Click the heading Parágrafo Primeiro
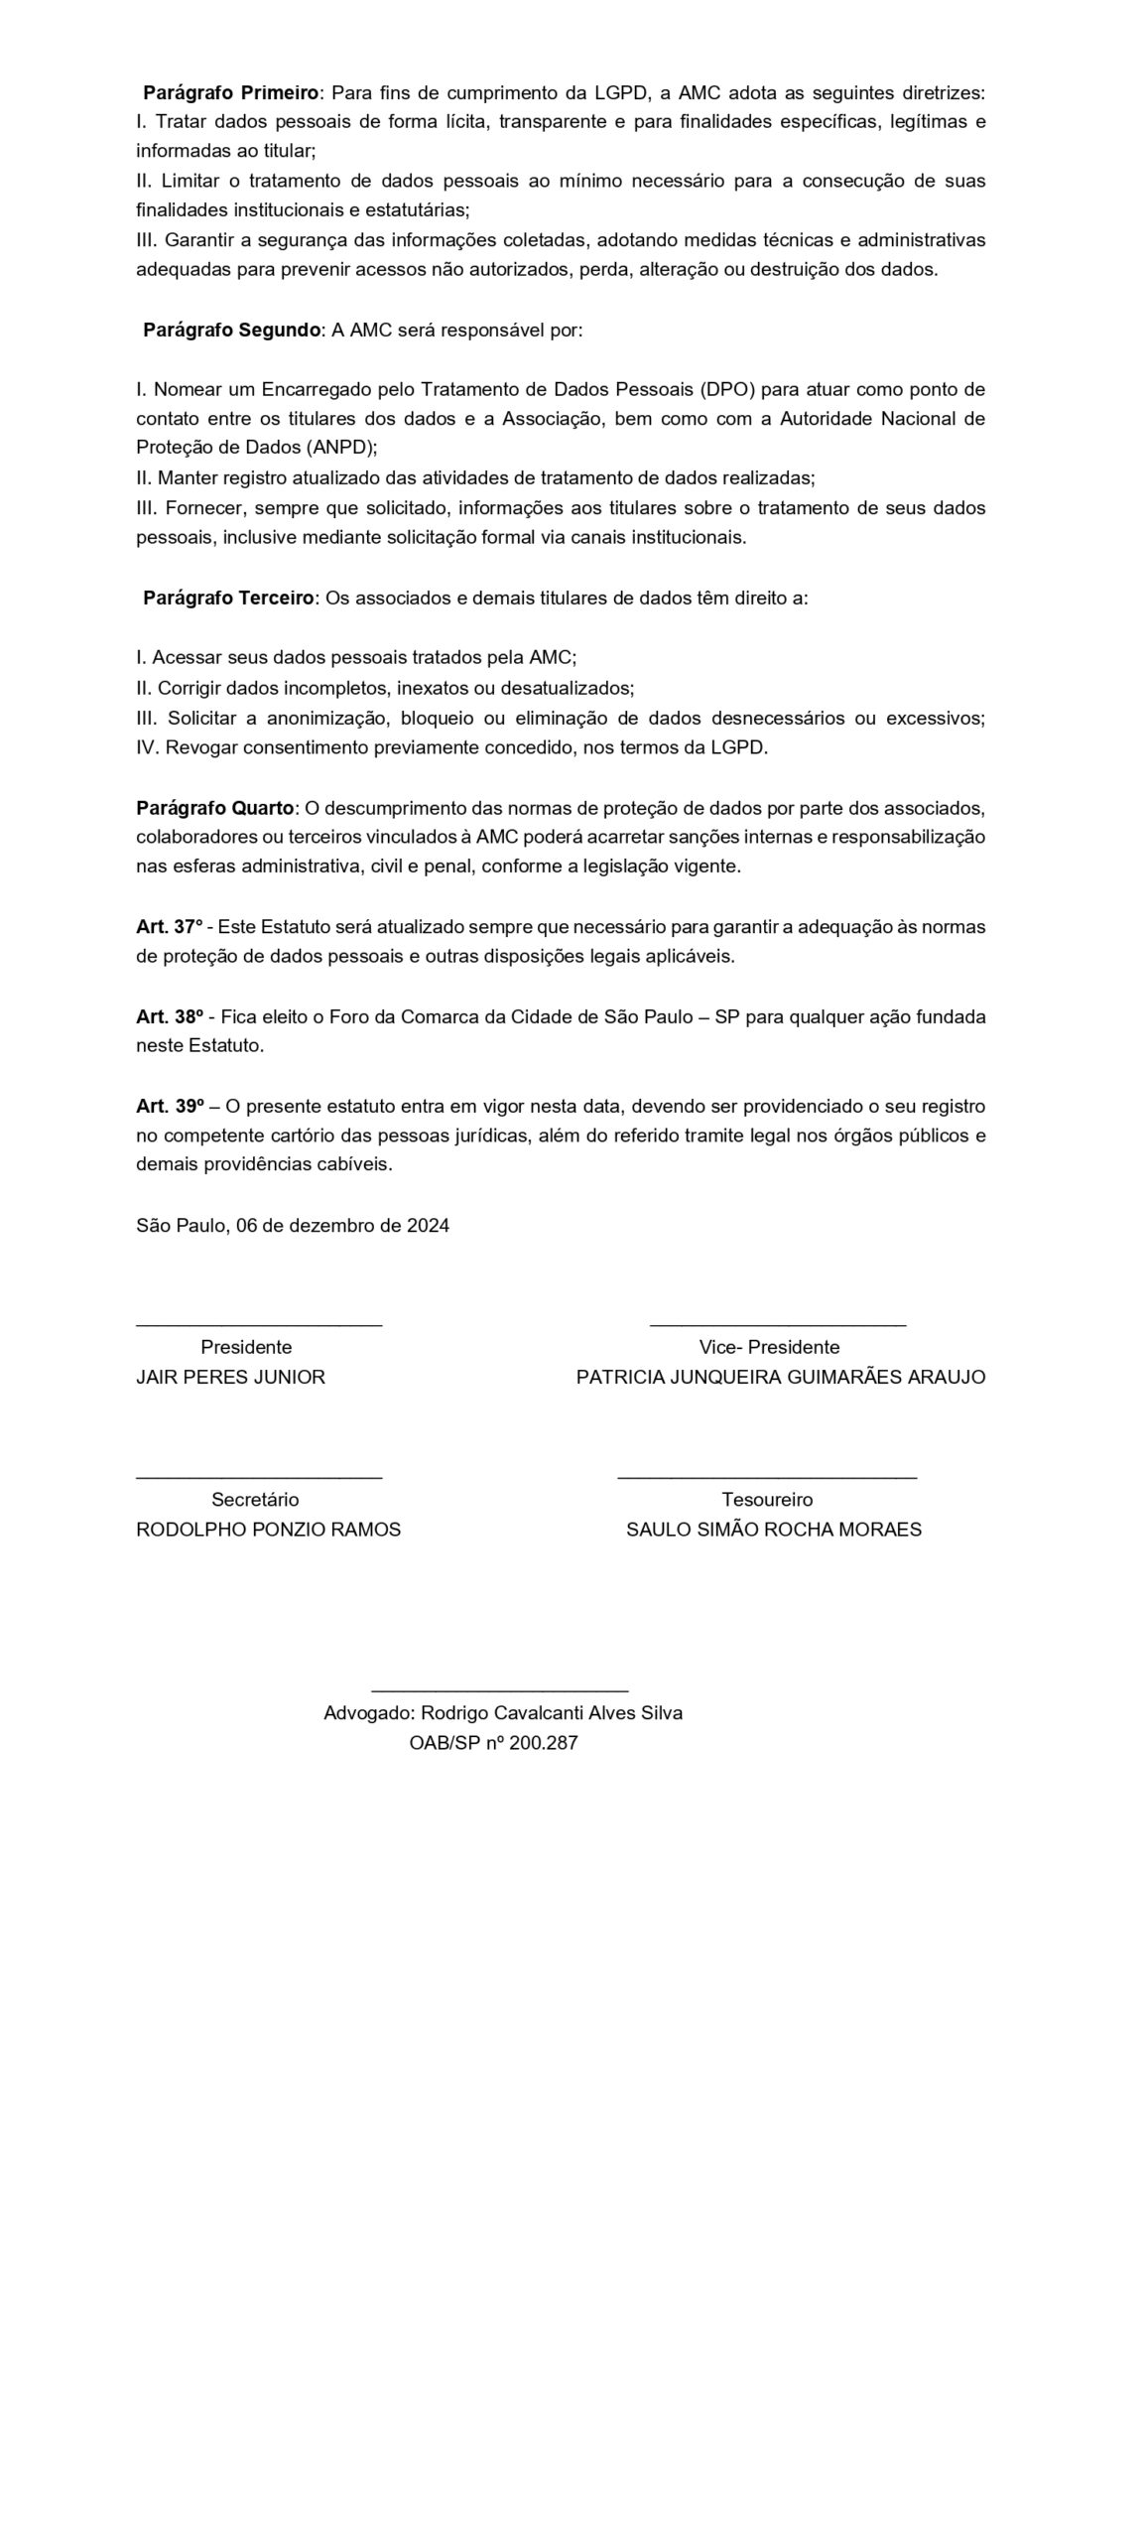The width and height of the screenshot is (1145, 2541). click(x=231, y=93)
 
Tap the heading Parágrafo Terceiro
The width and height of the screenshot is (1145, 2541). click(x=228, y=599)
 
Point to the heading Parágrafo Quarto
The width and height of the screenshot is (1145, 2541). click(x=215, y=808)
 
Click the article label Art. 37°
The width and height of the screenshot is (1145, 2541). click(x=169, y=927)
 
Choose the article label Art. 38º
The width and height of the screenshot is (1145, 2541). click(x=170, y=1017)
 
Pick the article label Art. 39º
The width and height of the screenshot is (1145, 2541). click(x=170, y=1107)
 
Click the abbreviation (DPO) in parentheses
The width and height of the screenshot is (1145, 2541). click(x=725, y=389)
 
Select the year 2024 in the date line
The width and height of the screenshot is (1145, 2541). click(x=428, y=1226)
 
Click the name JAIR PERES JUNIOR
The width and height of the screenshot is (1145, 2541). click(x=230, y=1378)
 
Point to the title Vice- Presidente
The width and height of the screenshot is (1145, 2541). click(x=769, y=1348)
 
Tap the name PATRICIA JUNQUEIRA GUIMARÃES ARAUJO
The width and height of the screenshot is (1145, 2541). click(x=781, y=1378)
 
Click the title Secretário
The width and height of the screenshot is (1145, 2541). click(x=255, y=1500)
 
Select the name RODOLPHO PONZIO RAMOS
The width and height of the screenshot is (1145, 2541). click(x=268, y=1530)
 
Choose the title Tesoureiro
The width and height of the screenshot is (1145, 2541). click(x=767, y=1500)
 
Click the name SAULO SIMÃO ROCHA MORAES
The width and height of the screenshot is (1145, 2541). click(x=773, y=1530)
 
